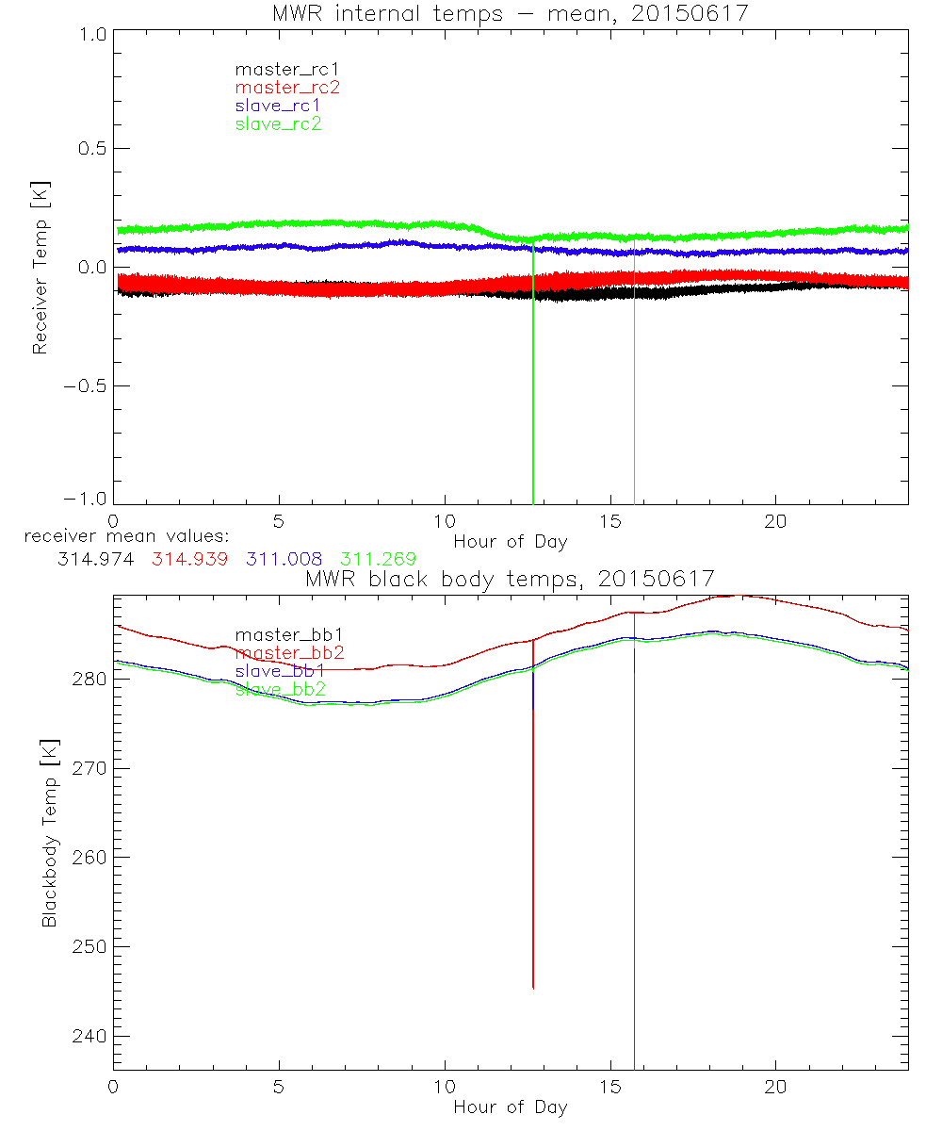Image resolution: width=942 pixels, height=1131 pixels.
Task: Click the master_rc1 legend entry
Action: pos(279,69)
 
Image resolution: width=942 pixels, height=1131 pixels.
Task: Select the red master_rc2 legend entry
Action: pos(287,88)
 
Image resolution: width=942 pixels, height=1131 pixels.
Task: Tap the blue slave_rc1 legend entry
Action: pos(278,106)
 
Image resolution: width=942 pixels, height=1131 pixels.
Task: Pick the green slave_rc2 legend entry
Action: pos(278,123)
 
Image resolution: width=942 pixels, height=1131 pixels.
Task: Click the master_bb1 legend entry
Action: pos(280,635)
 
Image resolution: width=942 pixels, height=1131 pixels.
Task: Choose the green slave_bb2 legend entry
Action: pos(280,689)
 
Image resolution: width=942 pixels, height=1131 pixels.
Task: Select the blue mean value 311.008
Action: pos(284,559)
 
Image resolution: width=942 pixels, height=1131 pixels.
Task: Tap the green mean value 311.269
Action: pos(378,559)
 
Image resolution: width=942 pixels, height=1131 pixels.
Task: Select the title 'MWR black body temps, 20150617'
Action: pos(510,578)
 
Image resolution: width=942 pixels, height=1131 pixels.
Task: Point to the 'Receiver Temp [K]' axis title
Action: pos(40,268)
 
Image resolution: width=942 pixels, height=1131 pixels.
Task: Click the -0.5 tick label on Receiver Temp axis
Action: pos(85,386)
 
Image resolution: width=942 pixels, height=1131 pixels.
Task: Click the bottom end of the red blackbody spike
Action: pos(533,988)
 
